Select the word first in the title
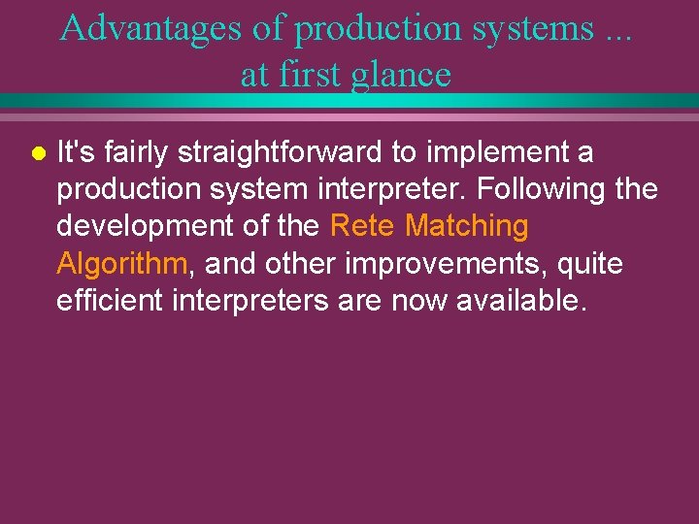(x=311, y=74)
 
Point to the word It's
(x=75, y=152)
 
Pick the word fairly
(x=136, y=152)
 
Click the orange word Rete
(x=363, y=226)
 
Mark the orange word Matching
(x=467, y=226)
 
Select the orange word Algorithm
(x=120, y=263)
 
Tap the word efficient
(x=110, y=300)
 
